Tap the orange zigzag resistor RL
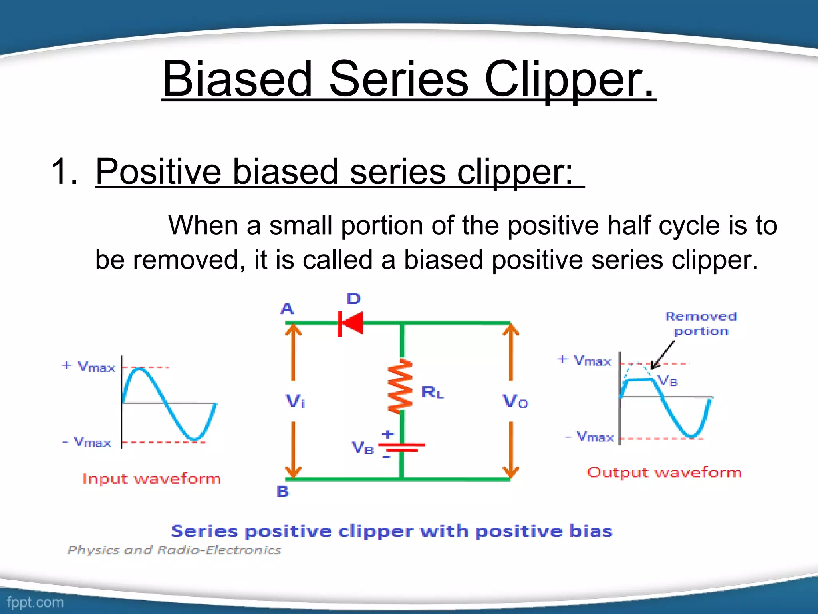401,386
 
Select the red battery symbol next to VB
401,447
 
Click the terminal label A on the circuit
287,309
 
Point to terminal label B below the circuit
283,491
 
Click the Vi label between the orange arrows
295,401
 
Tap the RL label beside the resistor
432,393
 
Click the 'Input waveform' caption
152,479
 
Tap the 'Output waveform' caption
664,472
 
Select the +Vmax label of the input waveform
89,366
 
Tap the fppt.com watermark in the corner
35,602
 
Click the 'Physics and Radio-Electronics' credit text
175,550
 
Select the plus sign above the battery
387,434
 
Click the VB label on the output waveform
668,381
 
